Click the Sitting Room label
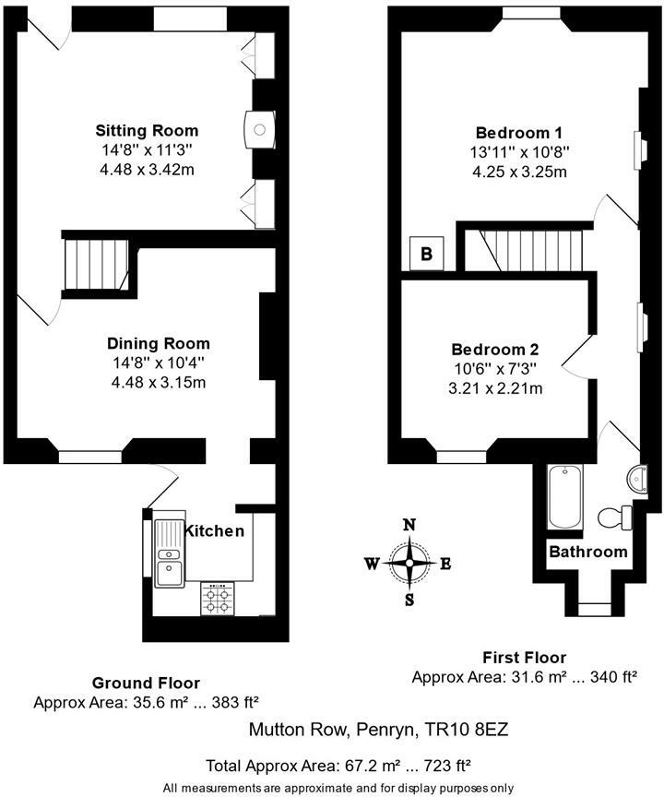coord(147,131)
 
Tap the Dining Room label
coord(159,343)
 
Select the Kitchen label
coord(213,531)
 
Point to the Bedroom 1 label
coord(518,133)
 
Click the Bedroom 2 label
coord(495,350)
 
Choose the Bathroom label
coord(588,552)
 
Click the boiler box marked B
coord(427,253)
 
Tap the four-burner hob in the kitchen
coord(218,599)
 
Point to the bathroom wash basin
coord(637,479)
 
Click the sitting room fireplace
coord(260,130)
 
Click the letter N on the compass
coord(409,525)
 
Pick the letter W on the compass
coord(373,564)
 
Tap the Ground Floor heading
coord(146,683)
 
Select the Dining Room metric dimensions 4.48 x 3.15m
coord(159,382)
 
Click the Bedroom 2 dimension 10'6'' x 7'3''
coord(495,369)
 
